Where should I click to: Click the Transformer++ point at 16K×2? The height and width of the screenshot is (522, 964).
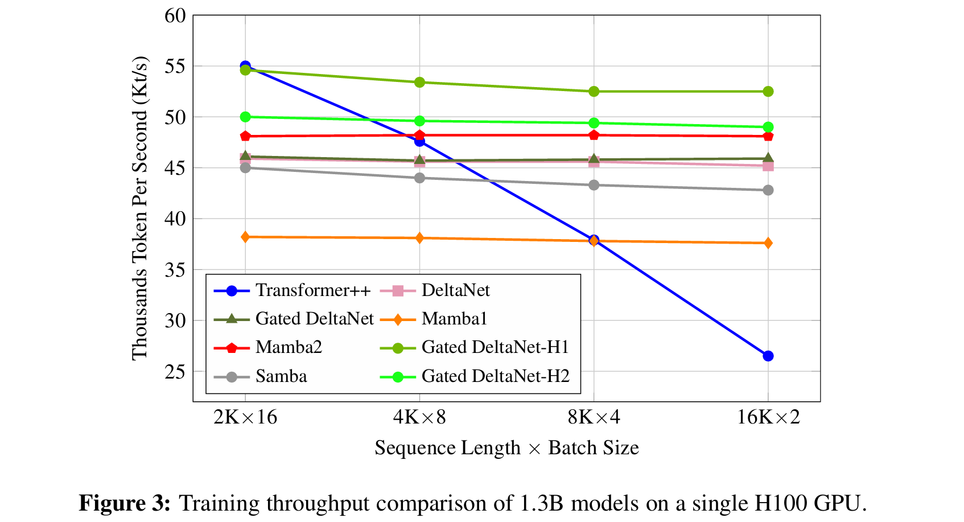[x=768, y=356]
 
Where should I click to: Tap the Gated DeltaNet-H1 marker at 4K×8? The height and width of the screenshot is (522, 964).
[x=419, y=83]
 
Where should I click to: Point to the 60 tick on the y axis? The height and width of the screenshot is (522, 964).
[x=175, y=16]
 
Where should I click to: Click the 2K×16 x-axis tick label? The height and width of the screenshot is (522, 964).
[x=245, y=418]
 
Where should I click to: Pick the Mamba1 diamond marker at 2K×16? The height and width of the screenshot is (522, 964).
[x=245, y=237]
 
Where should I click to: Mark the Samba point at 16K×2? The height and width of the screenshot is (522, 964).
[x=768, y=190]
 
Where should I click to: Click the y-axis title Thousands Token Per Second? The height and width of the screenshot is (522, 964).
[x=140, y=208]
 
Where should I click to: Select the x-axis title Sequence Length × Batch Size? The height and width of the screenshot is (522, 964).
[x=506, y=448]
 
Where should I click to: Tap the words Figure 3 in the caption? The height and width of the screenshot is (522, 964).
[x=124, y=503]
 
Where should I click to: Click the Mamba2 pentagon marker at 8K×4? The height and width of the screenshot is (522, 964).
[x=594, y=135]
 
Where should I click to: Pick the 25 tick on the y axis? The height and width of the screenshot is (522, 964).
[x=175, y=372]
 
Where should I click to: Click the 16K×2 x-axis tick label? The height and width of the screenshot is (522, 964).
[x=768, y=418]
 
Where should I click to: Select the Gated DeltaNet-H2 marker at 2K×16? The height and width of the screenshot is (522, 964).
[x=245, y=117]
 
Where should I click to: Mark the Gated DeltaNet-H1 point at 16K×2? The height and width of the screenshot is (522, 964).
[x=768, y=92]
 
